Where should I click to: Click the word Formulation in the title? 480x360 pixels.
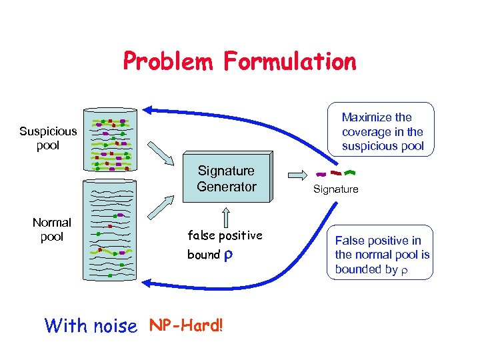[x=290, y=62]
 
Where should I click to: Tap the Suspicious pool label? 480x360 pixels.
[x=48, y=138]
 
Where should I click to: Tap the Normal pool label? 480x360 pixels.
[x=51, y=229]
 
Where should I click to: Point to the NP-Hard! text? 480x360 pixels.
[x=186, y=325]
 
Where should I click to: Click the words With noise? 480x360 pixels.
[x=90, y=325]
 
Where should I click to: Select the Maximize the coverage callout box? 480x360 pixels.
[x=382, y=131]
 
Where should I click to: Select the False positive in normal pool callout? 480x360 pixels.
[x=382, y=255]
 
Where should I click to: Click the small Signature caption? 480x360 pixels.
[x=336, y=189]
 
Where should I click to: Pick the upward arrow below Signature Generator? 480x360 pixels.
[x=226, y=217]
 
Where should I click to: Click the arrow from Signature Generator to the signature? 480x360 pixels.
[x=296, y=175]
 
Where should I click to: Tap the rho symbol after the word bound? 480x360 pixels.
[x=229, y=254]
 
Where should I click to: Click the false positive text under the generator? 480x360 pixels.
[x=225, y=235]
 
